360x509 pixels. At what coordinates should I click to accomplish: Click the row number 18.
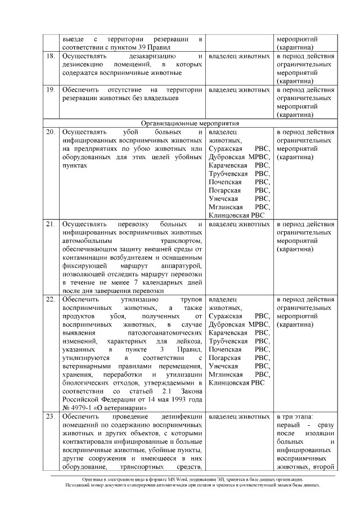50,57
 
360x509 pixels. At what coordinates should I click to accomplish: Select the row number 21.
50,224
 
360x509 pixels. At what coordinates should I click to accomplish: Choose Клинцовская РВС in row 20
233,215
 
